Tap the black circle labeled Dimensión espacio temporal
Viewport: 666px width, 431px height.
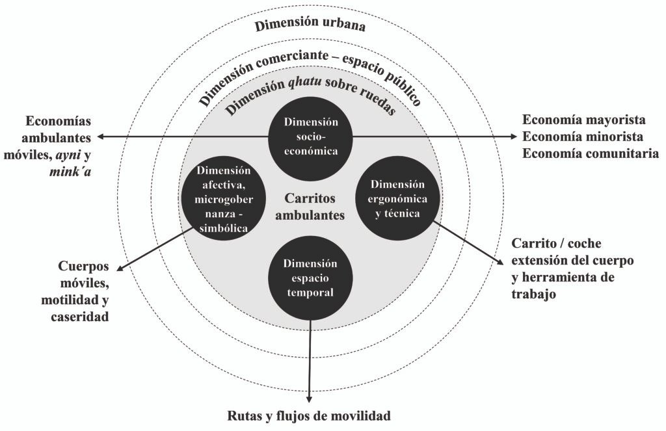coord(310,278)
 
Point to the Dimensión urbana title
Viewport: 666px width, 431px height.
coord(310,26)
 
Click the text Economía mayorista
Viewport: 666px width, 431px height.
coord(584,120)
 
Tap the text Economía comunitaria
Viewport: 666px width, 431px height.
coord(591,154)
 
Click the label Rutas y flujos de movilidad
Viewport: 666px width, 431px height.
coord(310,415)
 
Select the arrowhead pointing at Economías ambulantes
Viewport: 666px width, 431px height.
coord(101,137)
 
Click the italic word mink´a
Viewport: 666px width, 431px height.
coord(70,171)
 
